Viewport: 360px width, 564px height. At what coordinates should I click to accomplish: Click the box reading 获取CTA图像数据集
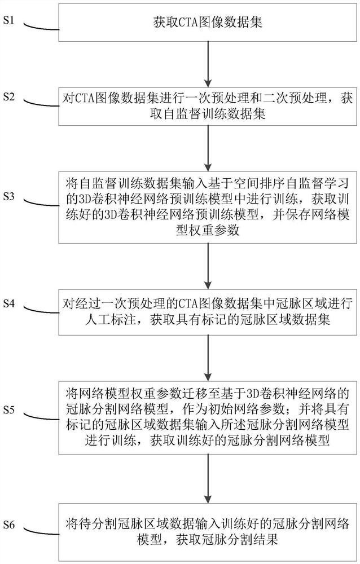pos(209,23)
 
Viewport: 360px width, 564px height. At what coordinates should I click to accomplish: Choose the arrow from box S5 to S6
pos(209,472)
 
